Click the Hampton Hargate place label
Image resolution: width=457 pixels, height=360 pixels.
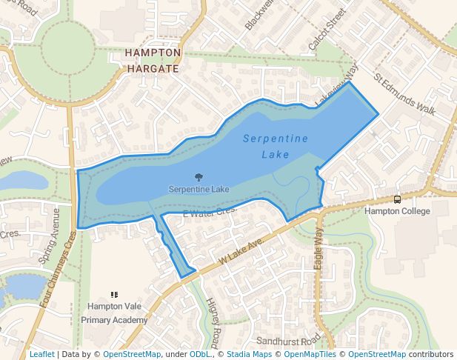[x=153, y=61]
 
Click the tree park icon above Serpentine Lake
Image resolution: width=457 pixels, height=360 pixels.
[x=199, y=178]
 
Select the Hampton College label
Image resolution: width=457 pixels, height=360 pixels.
[x=397, y=211]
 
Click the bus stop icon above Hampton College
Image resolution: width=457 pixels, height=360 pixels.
[x=398, y=199]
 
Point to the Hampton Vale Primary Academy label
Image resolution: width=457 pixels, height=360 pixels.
[x=115, y=313]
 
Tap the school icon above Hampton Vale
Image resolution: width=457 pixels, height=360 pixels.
[x=114, y=295]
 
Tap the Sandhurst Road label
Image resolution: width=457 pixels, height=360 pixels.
[x=288, y=341]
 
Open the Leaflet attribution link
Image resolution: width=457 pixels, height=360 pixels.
[x=41, y=355]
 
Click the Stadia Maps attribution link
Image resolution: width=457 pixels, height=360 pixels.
[x=249, y=355]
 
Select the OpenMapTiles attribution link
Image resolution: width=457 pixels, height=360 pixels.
[x=310, y=355]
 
